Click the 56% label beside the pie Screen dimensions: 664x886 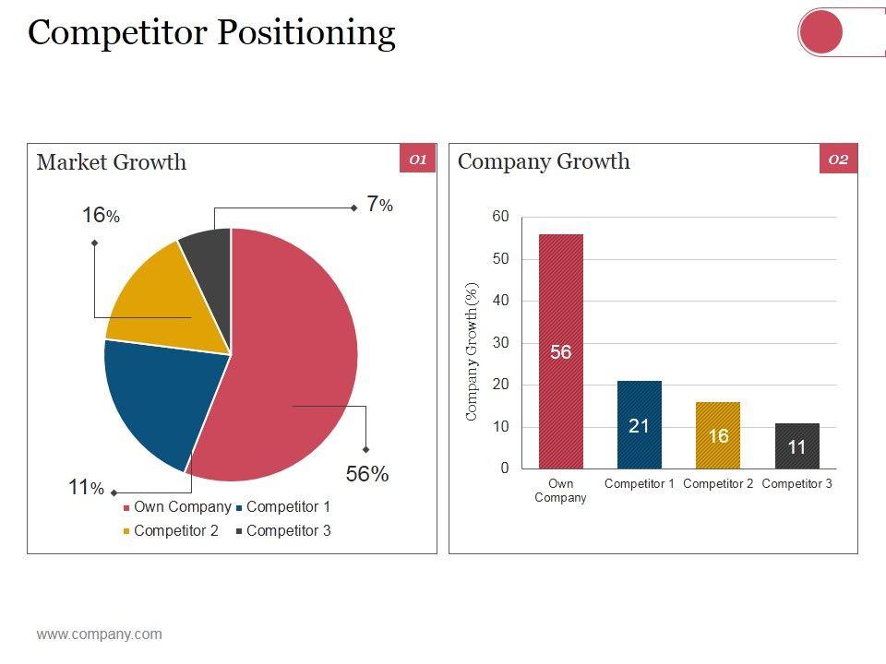pos(367,474)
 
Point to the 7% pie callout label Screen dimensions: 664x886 pos(379,206)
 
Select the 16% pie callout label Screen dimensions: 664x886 pos(101,216)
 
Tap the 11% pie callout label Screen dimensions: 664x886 pos(86,488)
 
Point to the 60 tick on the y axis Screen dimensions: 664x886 pos(500,217)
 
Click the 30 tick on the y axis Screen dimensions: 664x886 pos(500,343)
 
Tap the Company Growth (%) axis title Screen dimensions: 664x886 pos(473,351)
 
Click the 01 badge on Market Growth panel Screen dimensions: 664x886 pos(417,160)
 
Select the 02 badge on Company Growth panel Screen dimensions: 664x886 pos(838,160)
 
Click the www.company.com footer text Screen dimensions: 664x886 pos(99,634)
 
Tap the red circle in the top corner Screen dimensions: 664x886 pos(820,33)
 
